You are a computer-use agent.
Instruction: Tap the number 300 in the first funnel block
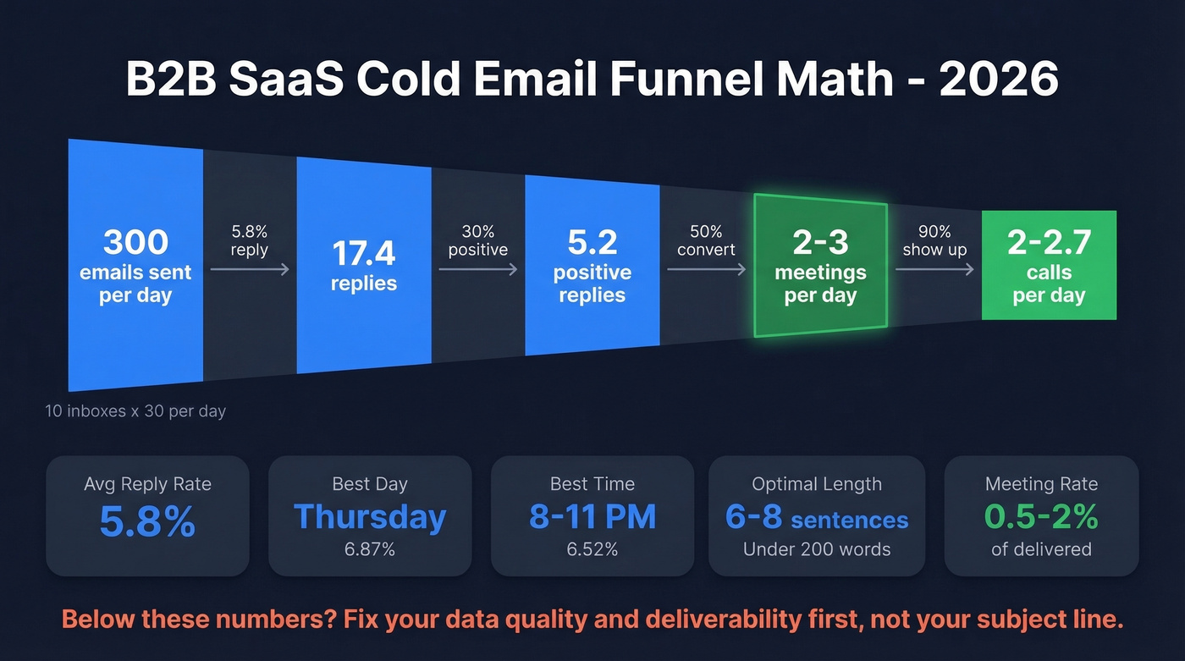point(135,243)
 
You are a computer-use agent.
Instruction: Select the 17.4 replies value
point(364,252)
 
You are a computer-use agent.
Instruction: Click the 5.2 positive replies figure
point(592,244)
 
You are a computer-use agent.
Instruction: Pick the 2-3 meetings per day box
point(820,265)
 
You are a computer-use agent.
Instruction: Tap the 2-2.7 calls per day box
point(1049,265)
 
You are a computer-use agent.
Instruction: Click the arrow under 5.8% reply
point(250,269)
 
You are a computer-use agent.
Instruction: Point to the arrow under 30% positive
point(478,269)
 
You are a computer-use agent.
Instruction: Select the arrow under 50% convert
point(707,269)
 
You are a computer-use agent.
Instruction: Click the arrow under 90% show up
point(934,269)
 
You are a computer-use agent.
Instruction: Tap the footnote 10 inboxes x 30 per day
point(135,411)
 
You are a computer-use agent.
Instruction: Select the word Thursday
point(370,517)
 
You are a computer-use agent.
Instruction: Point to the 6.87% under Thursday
point(370,549)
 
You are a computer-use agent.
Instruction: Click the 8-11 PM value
point(592,517)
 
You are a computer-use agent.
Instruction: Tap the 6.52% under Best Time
point(592,549)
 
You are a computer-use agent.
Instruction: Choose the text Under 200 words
point(817,549)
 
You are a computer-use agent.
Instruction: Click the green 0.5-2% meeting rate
point(1041,517)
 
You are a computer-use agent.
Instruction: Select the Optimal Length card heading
point(817,484)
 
